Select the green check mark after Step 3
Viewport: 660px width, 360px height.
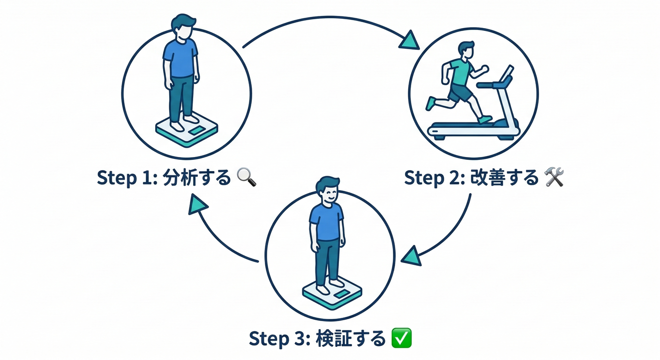(x=401, y=338)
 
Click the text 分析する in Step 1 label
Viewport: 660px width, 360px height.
(x=197, y=179)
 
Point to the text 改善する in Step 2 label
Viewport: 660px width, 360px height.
(x=505, y=179)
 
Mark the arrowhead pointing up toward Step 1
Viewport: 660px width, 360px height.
(x=197, y=205)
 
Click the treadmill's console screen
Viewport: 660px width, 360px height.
(x=506, y=73)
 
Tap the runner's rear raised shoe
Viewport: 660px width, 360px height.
(x=430, y=103)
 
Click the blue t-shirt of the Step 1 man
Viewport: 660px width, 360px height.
(x=180, y=59)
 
